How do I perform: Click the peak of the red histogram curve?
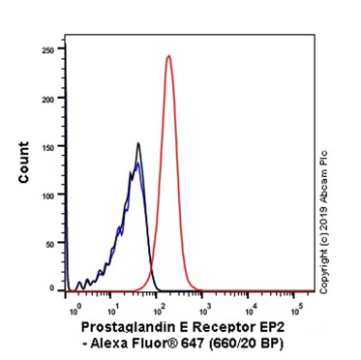168,56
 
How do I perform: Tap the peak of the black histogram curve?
138,144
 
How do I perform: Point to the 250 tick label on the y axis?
45,49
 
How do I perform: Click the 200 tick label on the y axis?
45,98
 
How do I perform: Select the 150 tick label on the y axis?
45,145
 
